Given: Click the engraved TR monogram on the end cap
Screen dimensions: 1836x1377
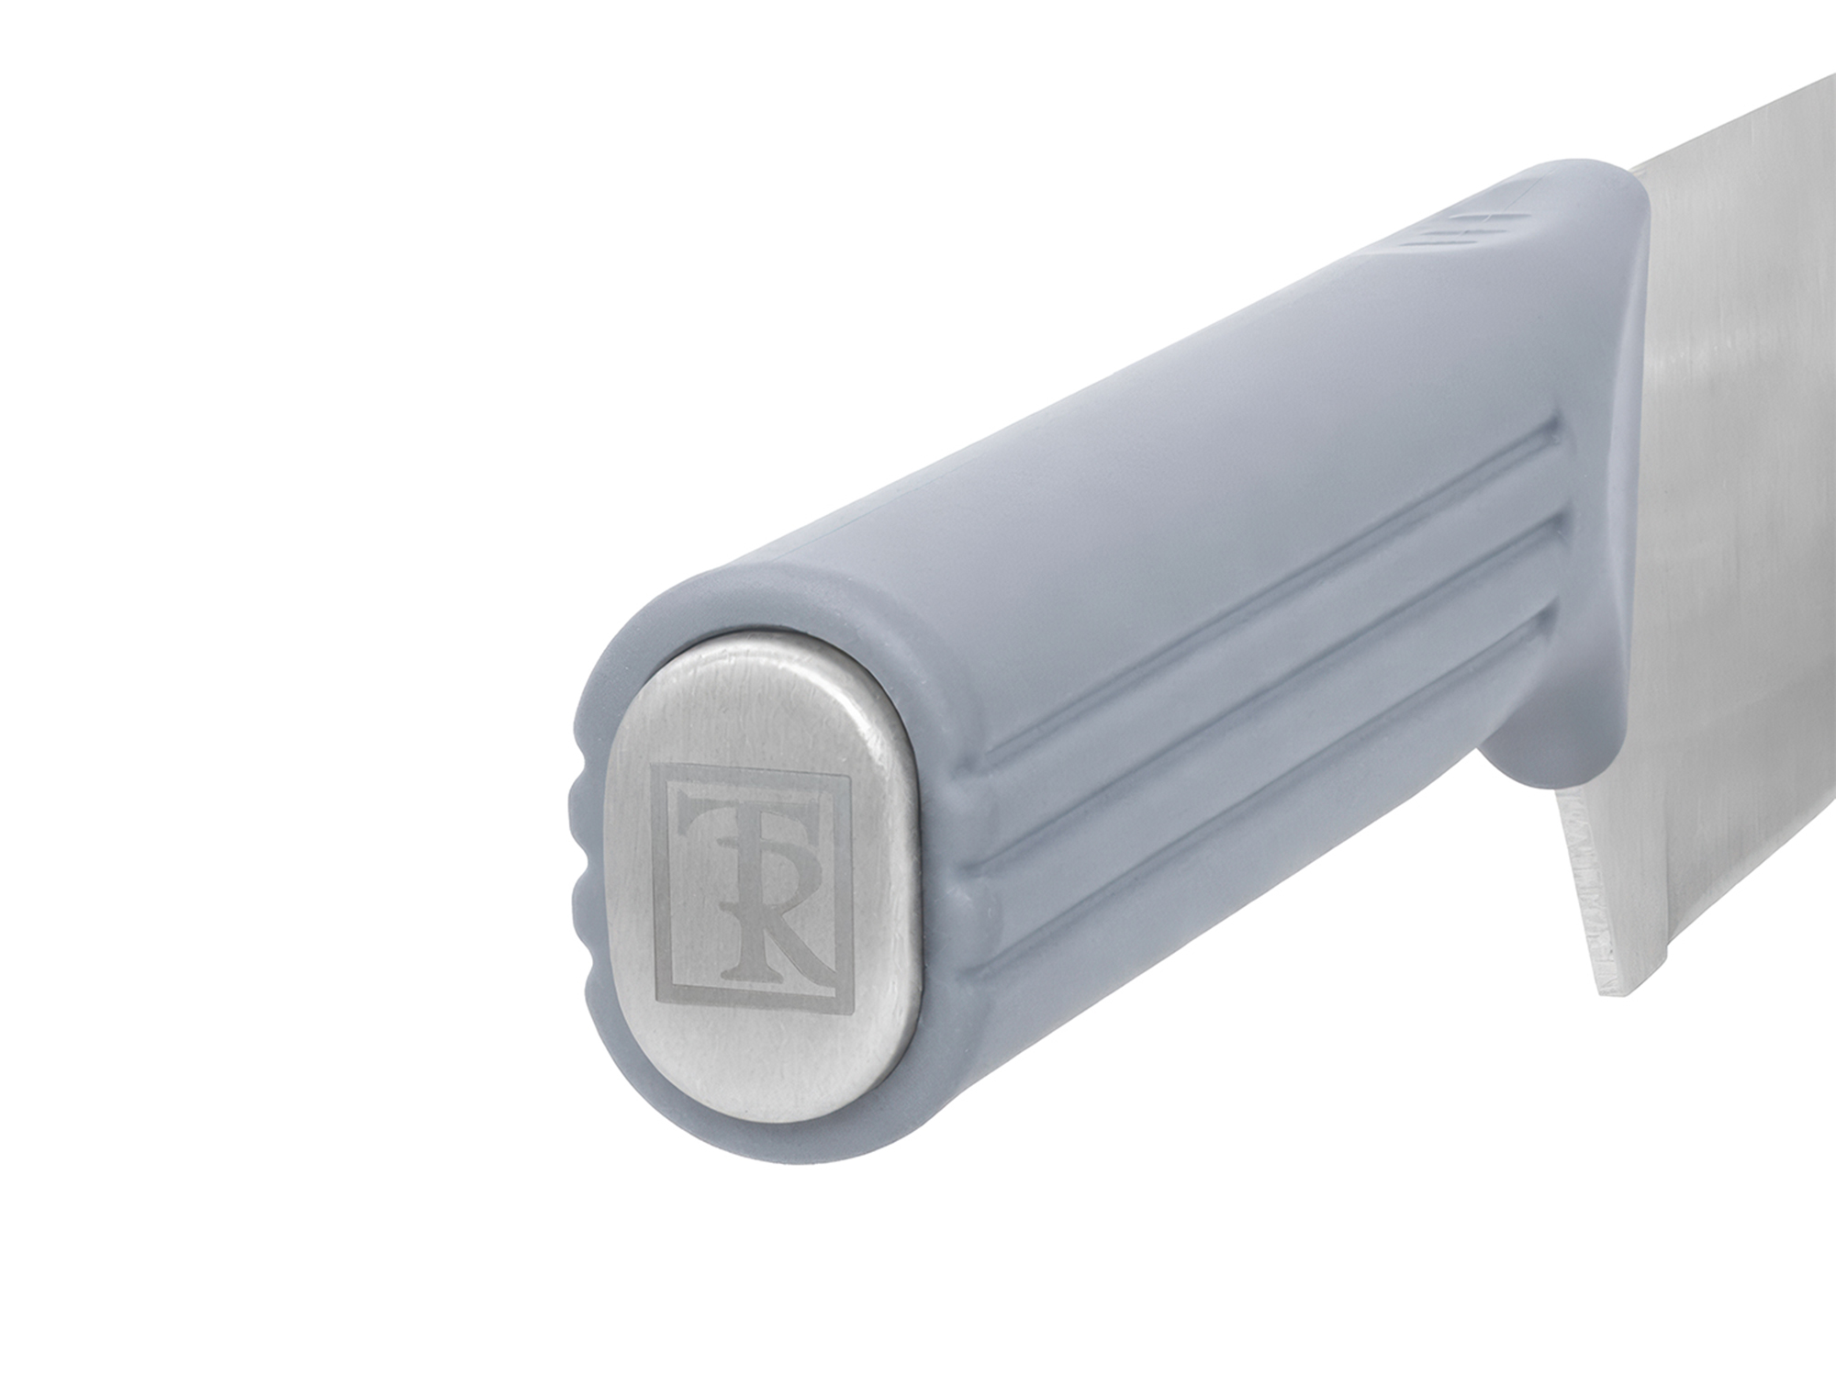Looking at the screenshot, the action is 748,887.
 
